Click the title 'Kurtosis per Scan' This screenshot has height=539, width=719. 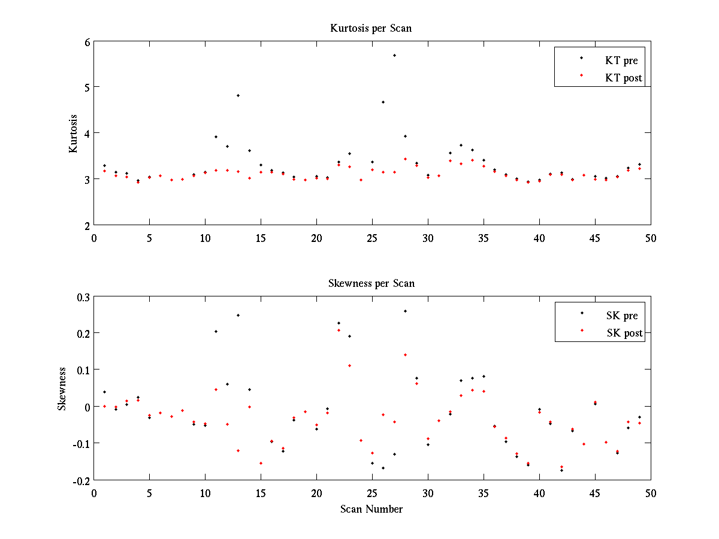coord(371,28)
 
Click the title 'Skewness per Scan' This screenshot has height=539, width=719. coord(371,283)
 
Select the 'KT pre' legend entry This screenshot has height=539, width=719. coord(623,60)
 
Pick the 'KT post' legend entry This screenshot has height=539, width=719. coord(624,77)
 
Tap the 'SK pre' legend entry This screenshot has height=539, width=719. coord(622,316)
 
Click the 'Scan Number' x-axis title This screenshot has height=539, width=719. coord(371,509)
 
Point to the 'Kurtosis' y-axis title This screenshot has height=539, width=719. coord(73,133)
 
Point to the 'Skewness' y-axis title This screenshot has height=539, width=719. coord(62,388)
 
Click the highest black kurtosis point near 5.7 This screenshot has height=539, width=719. coord(394,55)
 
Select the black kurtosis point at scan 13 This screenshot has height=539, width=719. coord(238,95)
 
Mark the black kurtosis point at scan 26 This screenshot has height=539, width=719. coord(383,102)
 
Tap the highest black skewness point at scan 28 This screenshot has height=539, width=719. coord(405,311)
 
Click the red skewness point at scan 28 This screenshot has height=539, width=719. coord(405,355)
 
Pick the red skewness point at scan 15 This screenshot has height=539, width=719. coord(261,463)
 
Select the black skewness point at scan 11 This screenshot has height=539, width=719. coord(216,331)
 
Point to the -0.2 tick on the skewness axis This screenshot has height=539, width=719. coord(81,480)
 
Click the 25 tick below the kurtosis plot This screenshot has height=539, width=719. coord(372,238)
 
